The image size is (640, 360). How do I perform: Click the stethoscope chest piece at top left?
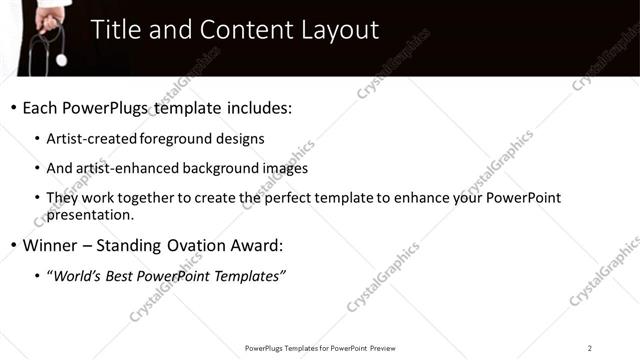click(62, 60)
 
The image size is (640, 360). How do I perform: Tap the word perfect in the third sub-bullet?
click(296, 198)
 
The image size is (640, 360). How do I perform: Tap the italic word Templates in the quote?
click(245, 276)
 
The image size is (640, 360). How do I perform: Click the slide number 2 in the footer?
click(590, 348)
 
